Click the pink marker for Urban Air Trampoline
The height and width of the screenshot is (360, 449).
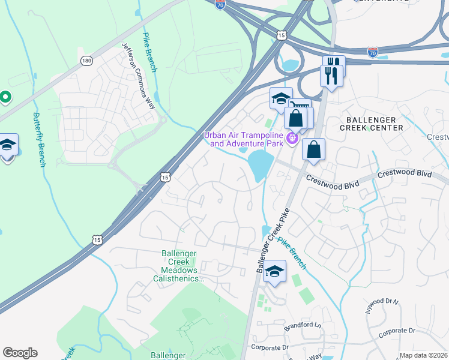[x=292, y=139]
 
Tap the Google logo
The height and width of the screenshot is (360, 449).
[x=20, y=353]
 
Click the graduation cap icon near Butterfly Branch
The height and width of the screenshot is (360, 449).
[x=7, y=146]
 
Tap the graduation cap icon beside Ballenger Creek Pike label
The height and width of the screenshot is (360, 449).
[x=274, y=271]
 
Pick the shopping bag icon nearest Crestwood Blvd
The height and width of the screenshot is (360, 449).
[x=313, y=150]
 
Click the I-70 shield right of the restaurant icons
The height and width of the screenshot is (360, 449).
[x=373, y=53]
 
